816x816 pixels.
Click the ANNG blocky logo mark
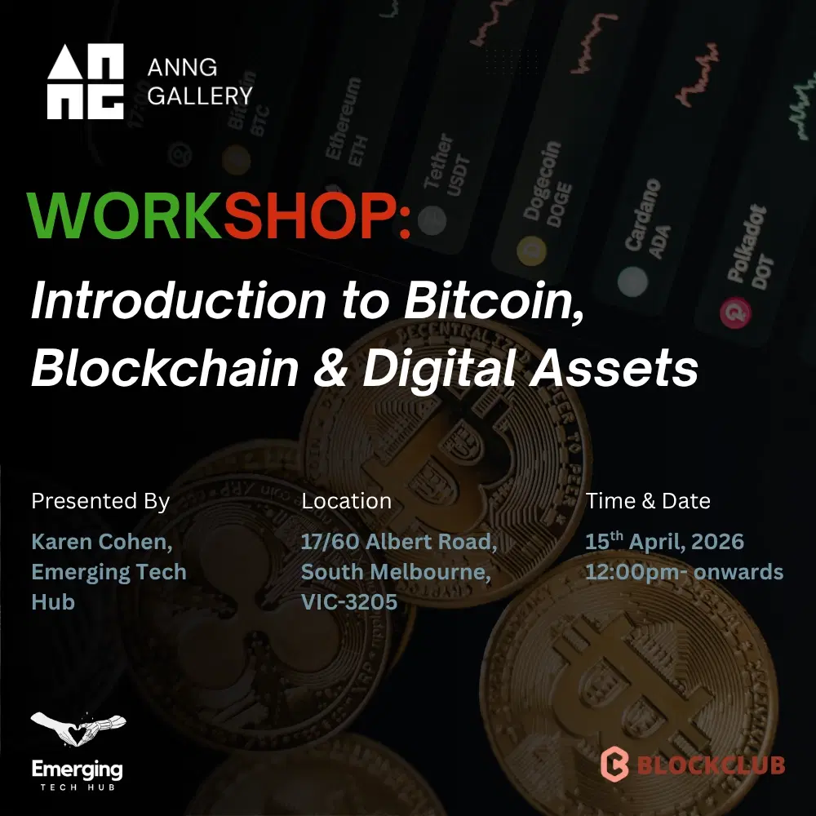click(x=86, y=82)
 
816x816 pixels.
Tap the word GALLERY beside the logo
click(x=200, y=95)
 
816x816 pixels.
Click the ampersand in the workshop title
click(x=330, y=369)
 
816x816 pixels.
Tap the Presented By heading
click(x=100, y=501)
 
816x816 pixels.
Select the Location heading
click(x=346, y=501)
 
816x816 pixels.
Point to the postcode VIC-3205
click(x=348, y=602)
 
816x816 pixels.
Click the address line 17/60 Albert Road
click(x=399, y=542)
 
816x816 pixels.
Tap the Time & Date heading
click(x=648, y=501)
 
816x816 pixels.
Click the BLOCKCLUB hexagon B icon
click(x=614, y=764)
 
